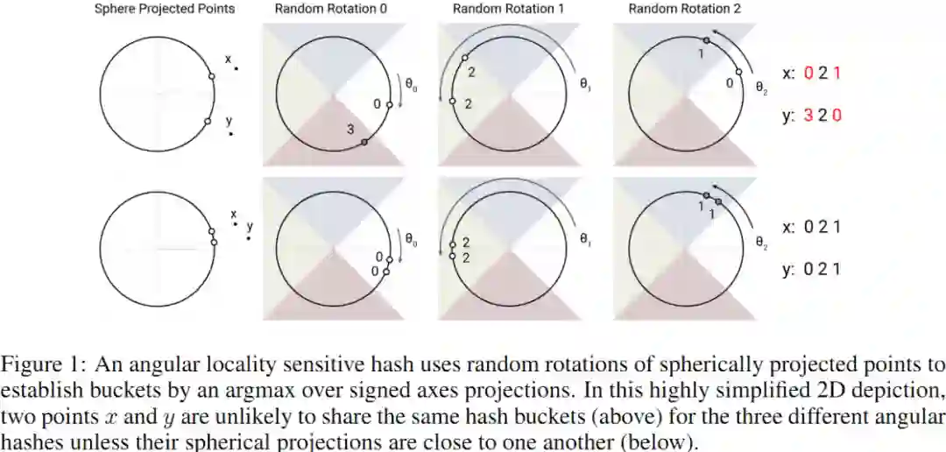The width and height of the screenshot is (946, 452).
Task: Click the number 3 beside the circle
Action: [x=350, y=130]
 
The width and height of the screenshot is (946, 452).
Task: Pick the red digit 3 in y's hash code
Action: [x=808, y=116]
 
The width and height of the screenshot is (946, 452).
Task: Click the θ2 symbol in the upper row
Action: [x=761, y=88]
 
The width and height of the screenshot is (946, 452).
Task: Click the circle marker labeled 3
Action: [x=364, y=141]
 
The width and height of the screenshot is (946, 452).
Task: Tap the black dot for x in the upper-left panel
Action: [x=236, y=67]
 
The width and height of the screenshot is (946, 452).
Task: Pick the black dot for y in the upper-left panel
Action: [x=231, y=134]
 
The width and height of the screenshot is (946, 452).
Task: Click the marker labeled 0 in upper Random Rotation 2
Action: [x=739, y=73]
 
